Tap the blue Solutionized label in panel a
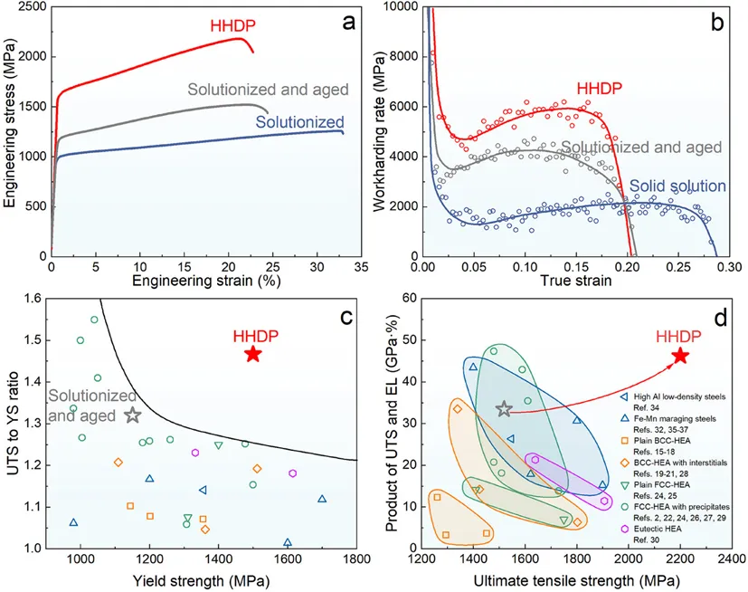coord(299,122)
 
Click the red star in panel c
coord(253,354)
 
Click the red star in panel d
coord(680,356)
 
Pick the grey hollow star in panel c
coord(132,415)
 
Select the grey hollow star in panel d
coord(505,409)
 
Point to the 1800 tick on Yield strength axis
coord(355,561)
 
